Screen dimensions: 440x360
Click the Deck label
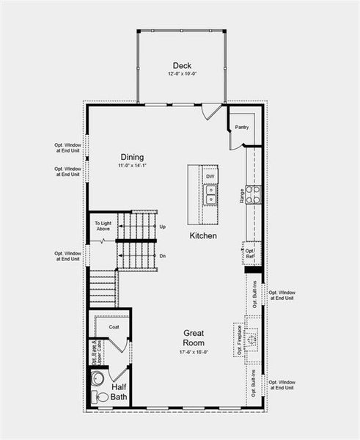(181, 65)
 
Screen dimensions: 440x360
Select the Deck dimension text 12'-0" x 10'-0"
(181, 74)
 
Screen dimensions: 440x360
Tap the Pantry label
(242, 127)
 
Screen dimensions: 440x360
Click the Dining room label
(133, 157)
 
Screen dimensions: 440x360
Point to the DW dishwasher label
(210, 177)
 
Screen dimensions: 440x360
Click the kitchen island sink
(210, 194)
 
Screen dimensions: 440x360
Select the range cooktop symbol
(253, 194)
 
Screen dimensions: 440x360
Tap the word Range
(241, 195)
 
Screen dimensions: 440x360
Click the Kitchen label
(203, 236)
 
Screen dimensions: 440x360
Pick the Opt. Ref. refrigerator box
(250, 253)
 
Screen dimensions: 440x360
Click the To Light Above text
(103, 226)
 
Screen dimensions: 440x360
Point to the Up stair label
(162, 227)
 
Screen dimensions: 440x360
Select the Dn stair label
(162, 256)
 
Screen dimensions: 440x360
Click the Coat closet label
(114, 326)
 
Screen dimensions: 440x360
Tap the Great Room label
(194, 337)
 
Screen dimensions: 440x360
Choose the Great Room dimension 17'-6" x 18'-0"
(194, 352)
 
